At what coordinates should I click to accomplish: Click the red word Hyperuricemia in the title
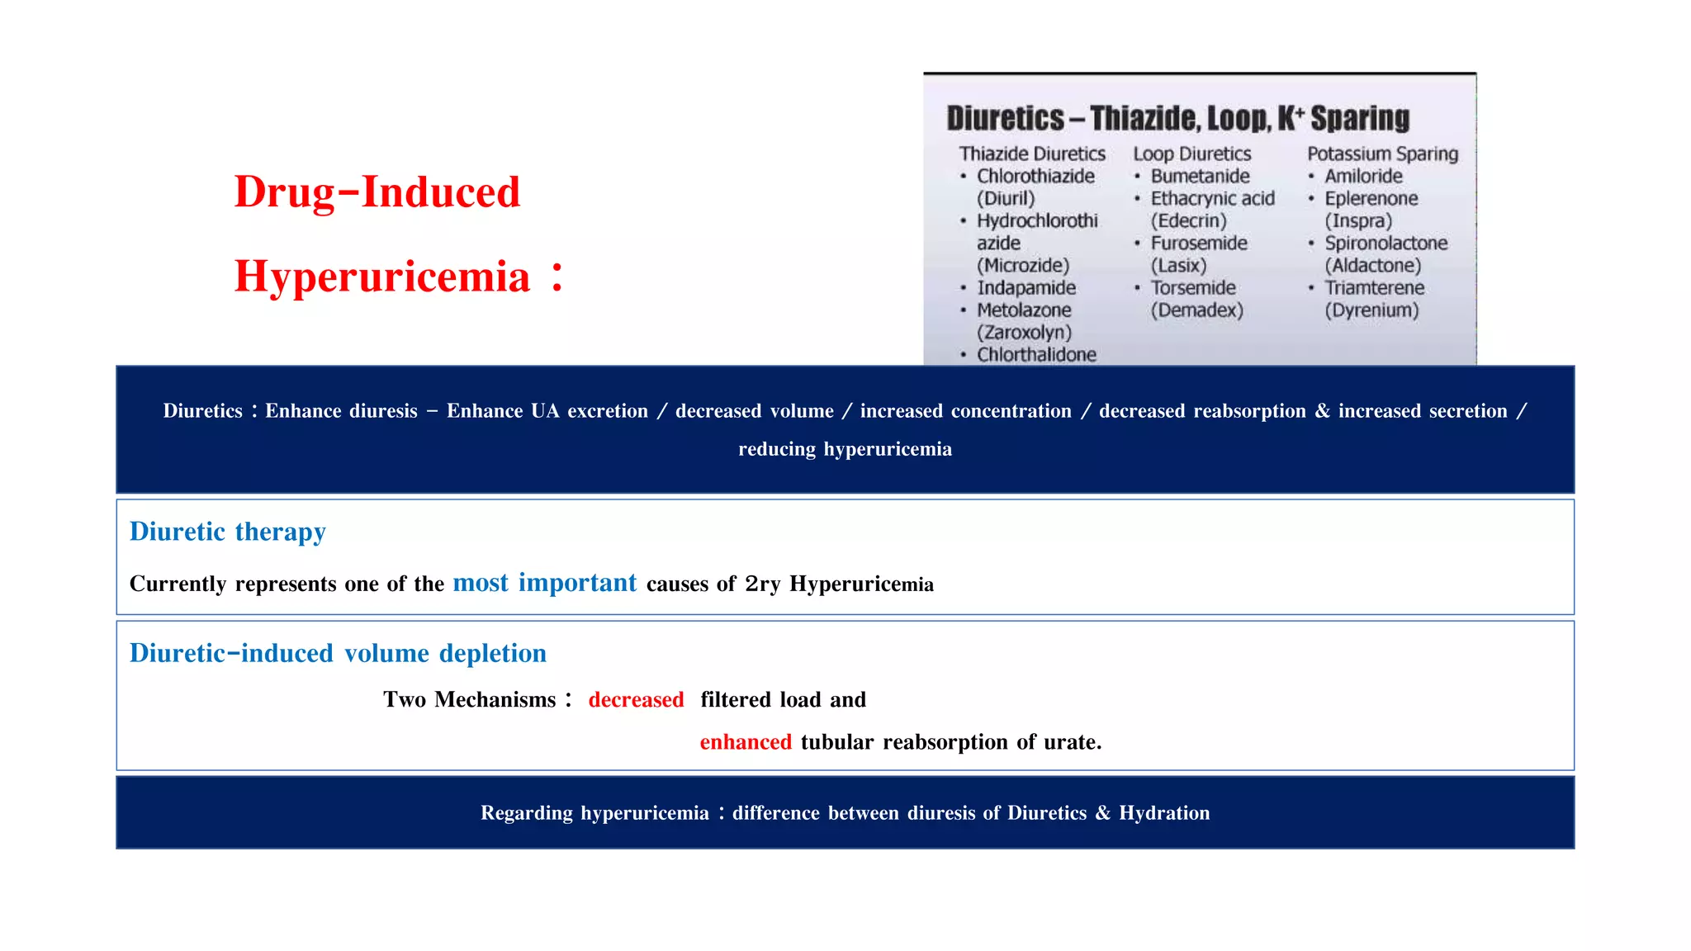(x=381, y=277)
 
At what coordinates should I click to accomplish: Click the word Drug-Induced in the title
(x=377, y=192)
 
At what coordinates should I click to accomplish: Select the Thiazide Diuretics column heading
(x=1032, y=154)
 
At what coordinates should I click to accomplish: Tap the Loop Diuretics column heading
(x=1191, y=154)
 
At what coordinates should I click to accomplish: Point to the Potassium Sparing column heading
(x=1382, y=154)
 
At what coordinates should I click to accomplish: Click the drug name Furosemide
(x=1199, y=244)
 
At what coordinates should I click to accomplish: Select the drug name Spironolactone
(x=1385, y=244)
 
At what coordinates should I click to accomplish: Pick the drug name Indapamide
(x=1026, y=288)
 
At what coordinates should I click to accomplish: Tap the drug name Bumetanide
(x=1200, y=177)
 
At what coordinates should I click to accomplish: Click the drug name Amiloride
(x=1363, y=177)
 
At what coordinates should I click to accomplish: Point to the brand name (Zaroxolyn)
(x=1024, y=333)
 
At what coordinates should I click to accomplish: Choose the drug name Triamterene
(x=1374, y=288)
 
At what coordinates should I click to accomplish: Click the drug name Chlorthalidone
(x=1036, y=355)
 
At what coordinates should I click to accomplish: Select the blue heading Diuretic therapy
(x=228, y=532)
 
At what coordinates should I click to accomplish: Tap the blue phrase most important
(x=545, y=583)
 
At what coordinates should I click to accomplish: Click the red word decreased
(x=636, y=700)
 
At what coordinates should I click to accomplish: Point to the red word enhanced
(x=746, y=742)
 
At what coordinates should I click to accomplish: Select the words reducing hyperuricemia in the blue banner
(x=845, y=449)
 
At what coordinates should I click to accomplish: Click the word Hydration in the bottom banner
(x=1164, y=813)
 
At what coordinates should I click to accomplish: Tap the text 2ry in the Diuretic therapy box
(x=762, y=584)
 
